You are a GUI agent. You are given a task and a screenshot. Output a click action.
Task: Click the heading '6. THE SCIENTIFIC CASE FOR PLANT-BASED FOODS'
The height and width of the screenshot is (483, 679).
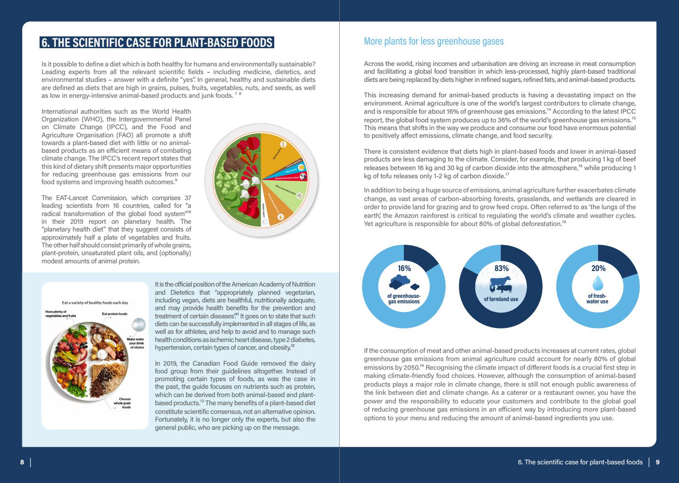coord(157,43)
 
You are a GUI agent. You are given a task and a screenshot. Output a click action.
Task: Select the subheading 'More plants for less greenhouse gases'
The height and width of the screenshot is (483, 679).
coord(433,41)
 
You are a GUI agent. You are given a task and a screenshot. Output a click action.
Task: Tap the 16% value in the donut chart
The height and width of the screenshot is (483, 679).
coord(404,268)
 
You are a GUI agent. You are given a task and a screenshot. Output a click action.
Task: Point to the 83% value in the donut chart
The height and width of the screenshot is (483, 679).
coord(501,268)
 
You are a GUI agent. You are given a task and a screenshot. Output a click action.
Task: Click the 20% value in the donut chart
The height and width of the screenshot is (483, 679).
coord(598,268)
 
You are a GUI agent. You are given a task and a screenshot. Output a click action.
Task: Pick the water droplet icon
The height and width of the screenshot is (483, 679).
coord(598,284)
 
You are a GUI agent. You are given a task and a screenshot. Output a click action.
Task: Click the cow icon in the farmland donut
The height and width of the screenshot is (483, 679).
coord(501,284)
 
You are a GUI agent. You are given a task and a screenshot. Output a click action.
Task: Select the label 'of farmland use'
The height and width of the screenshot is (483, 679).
coord(501,299)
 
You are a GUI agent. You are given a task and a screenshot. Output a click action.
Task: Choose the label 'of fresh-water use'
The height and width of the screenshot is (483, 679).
coord(598,299)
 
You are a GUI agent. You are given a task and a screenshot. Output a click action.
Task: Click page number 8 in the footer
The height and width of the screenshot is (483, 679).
coord(22,462)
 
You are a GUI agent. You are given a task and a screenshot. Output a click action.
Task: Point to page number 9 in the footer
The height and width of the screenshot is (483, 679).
coord(658,462)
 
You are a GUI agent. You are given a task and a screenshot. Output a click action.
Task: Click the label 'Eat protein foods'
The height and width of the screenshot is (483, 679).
coord(115,314)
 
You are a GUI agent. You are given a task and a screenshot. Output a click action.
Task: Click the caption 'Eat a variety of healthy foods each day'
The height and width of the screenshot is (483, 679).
coord(95,302)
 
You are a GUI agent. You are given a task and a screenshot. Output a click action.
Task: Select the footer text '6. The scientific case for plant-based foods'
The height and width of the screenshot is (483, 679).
coord(580,462)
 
